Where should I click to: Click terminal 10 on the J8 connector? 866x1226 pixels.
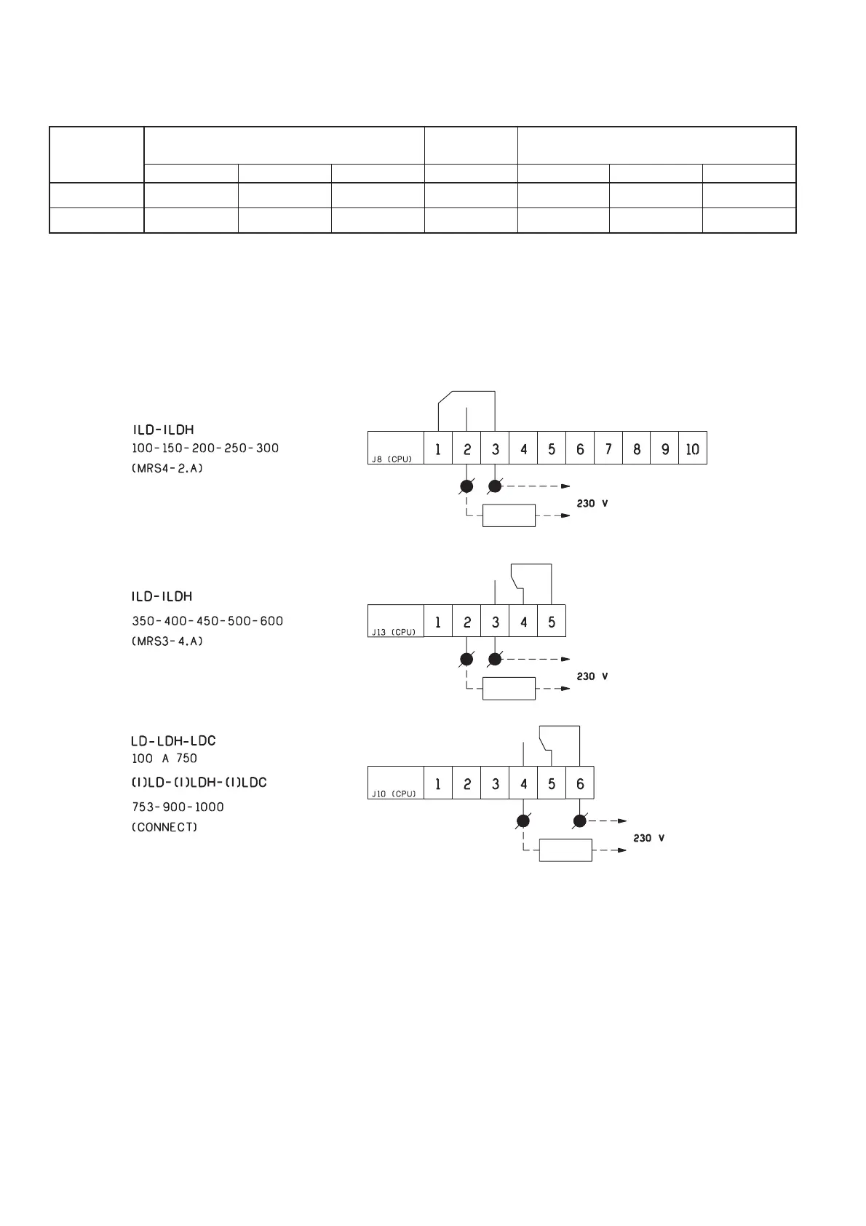[x=692, y=449]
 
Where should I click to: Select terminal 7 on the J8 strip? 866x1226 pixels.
[x=608, y=449]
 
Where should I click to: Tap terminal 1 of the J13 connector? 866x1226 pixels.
[x=437, y=622]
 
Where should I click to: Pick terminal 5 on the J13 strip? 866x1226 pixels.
[x=552, y=622]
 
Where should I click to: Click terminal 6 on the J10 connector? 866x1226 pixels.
[x=580, y=784]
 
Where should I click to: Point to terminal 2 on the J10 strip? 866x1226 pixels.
[x=466, y=784]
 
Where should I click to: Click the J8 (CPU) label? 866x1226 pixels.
[x=392, y=459]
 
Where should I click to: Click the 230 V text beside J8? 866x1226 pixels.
[x=592, y=503]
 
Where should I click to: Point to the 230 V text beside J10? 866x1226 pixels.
[x=648, y=838]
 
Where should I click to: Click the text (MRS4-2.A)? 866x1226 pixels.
[x=167, y=468]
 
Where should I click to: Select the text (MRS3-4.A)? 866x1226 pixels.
[x=167, y=641]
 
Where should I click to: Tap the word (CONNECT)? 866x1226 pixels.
[x=164, y=827]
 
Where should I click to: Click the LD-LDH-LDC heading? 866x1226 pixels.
[x=173, y=741]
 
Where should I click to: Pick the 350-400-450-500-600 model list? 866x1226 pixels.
[x=207, y=621]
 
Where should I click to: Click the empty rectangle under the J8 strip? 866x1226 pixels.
[x=509, y=515]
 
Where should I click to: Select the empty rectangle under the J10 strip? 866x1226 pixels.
[x=565, y=850]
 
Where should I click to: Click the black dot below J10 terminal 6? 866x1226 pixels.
[x=580, y=821]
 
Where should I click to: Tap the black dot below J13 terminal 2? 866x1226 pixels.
[x=466, y=660]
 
